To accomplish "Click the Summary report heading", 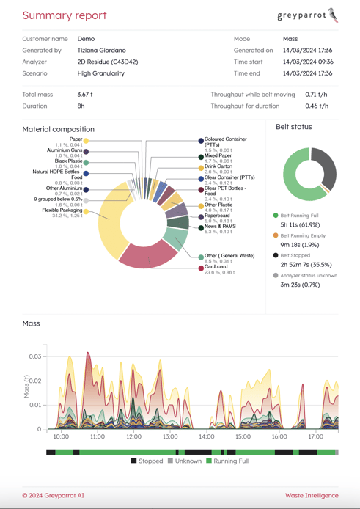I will tap(64, 15).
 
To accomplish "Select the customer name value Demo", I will tap(86, 39).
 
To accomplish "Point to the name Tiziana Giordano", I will tap(101, 51).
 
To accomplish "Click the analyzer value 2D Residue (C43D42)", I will tap(107, 62).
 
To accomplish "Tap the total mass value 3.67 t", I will tap(85, 95).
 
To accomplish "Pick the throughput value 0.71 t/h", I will tap(316, 95).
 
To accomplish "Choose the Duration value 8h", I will tap(81, 106).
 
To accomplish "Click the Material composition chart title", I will tap(58, 129).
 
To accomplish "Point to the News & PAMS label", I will tap(220, 227).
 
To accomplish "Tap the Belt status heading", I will tap(293, 127).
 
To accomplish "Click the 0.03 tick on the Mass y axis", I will tap(34, 356).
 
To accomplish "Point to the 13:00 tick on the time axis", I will tap(170, 437).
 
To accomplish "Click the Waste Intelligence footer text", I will tap(312, 496).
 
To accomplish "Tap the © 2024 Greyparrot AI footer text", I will tap(53, 496).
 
